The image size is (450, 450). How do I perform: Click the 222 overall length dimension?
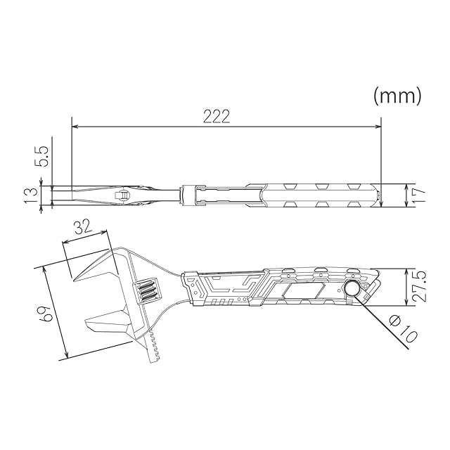217,117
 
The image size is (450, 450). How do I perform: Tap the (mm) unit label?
397,96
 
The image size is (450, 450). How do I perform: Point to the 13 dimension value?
31,195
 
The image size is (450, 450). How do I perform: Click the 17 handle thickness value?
417,195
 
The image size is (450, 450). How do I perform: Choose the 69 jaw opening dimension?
46,314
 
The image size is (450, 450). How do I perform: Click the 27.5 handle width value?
417,287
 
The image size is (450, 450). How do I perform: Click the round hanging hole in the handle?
353,289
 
